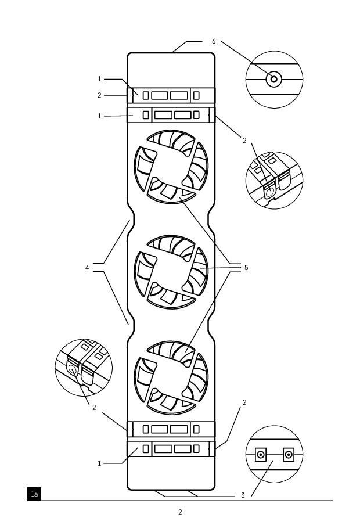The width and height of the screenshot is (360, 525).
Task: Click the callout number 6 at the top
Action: [x=214, y=42]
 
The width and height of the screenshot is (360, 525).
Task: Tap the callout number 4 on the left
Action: [x=88, y=268]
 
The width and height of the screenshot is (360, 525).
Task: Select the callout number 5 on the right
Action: [x=246, y=268]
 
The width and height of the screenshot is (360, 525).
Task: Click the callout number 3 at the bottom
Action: [x=243, y=495]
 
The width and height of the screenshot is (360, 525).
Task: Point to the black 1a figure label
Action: [x=34, y=494]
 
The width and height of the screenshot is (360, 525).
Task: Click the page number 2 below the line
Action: [x=180, y=512]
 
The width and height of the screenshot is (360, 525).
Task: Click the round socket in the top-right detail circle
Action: [x=274, y=79]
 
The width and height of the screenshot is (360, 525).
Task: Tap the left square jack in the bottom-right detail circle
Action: [x=261, y=455]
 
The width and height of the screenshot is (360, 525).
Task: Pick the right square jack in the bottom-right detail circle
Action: [x=288, y=455]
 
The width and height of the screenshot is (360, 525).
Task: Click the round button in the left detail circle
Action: [x=73, y=369]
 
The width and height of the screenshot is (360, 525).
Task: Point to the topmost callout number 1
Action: [x=99, y=79]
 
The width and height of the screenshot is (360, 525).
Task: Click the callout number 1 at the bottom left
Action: [x=99, y=463]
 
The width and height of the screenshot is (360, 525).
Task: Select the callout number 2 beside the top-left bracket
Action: [x=99, y=95]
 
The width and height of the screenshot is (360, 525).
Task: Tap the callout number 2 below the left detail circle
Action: [x=94, y=408]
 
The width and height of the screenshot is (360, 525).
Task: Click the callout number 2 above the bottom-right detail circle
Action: [x=244, y=402]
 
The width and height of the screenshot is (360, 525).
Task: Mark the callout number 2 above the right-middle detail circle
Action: [x=244, y=141]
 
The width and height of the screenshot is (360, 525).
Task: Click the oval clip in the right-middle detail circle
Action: [x=269, y=190]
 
